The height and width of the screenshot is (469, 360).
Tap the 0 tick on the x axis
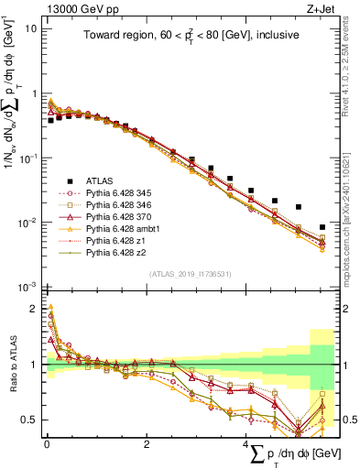point(47,444)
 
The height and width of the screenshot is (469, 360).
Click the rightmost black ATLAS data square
point(322,227)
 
